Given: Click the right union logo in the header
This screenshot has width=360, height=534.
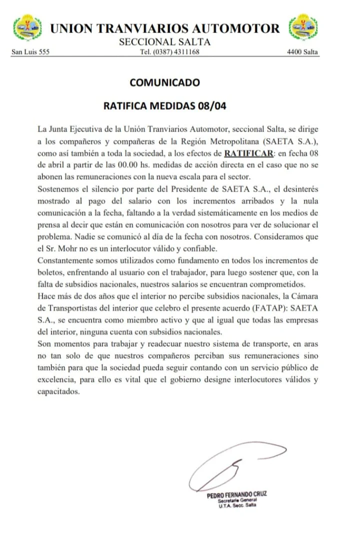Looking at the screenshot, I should [x=303, y=29].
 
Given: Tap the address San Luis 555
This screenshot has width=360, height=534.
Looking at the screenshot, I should [x=30, y=52].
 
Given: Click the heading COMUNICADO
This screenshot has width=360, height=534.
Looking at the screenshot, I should [x=164, y=83].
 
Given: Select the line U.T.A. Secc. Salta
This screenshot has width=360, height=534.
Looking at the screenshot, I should [x=236, y=505].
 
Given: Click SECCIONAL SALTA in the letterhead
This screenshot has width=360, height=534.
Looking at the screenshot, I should [x=164, y=42].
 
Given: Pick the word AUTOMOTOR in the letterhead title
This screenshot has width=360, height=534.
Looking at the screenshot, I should [x=234, y=28].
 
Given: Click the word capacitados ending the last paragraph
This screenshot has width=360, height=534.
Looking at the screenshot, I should [x=58, y=392].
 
